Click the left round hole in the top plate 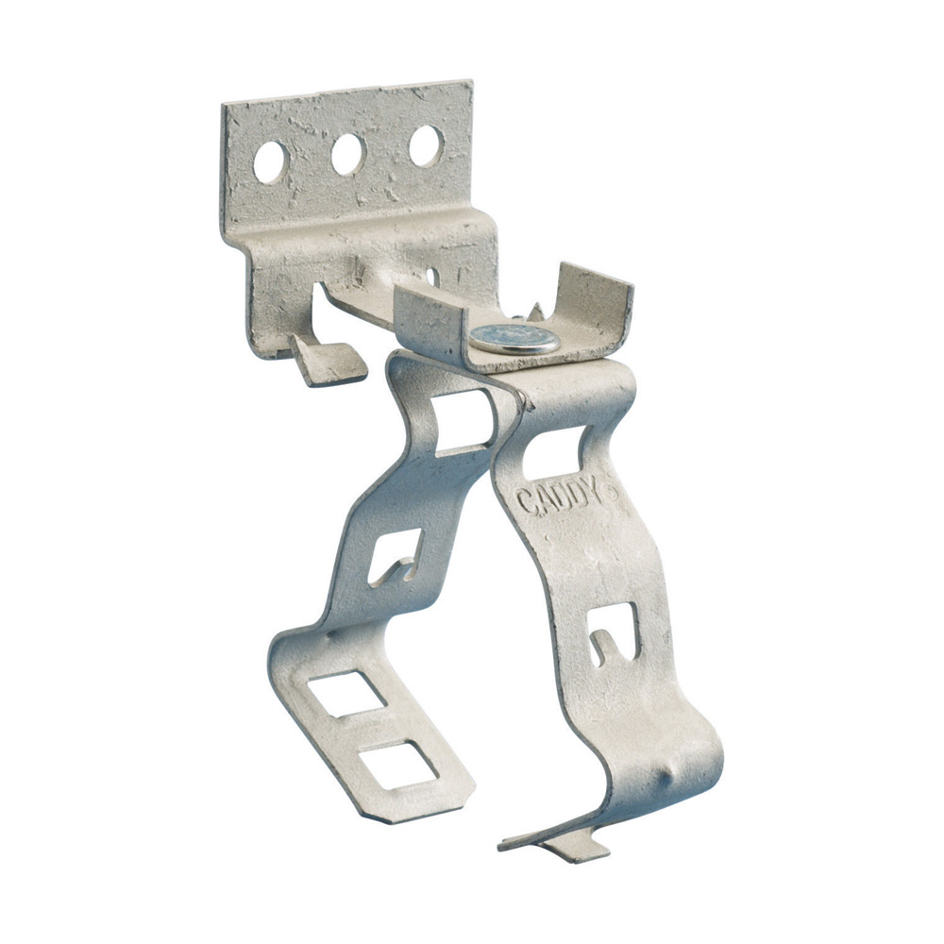pyautogui.click(x=269, y=161)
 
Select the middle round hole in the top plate pyautogui.click(x=347, y=154)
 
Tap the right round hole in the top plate pyautogui.click(x=426, y=145)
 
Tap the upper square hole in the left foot pyautogui.click(x=346, y=692)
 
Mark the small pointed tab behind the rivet pyautogui.click(x=536, y=312)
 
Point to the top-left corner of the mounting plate pyautogui.click(x=225, y=106)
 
